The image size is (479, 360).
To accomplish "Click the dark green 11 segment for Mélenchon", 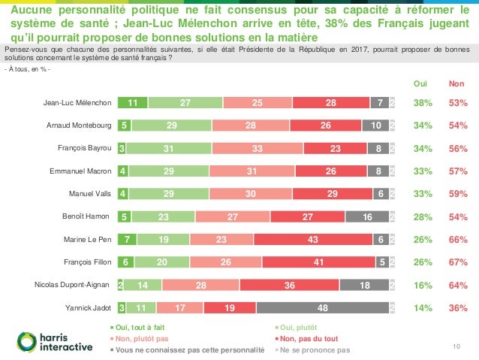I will (x=133, y=103).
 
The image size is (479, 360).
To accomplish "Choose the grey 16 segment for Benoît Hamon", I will (x=366, y=217).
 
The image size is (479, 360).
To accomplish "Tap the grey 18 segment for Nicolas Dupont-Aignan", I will (x=364, y=285).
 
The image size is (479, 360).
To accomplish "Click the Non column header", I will (x=456, y=84).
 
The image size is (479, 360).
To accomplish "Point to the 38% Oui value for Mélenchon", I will (x=423, y=103).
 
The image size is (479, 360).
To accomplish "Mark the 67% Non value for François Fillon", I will (x=457, y=262).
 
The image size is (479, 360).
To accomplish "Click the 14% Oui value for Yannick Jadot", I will (x=423, y=307).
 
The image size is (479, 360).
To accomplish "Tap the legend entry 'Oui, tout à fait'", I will (x=138, y=328).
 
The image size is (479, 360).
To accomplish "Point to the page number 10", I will (x=455, y=345).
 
